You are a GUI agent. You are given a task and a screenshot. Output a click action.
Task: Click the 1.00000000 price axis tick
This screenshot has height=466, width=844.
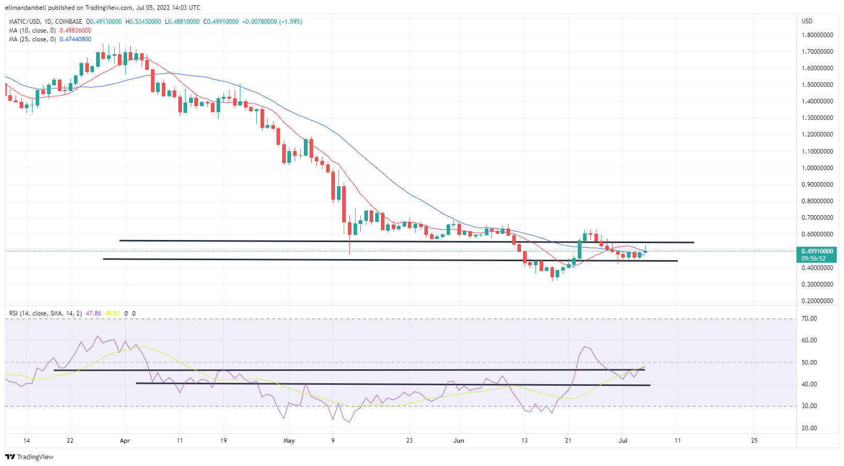[817, 168]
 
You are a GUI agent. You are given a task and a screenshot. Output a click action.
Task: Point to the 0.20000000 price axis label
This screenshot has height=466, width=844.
[817, 301]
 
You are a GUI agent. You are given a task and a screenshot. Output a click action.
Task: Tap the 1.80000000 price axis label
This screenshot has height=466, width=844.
[817, 35]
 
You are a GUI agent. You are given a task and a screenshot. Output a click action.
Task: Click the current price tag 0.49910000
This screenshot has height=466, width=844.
[817, 251]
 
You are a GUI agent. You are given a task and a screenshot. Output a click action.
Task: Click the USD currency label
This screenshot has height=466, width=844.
[807, 21]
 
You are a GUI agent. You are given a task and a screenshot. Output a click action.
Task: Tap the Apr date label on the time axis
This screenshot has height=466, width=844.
[125, 441]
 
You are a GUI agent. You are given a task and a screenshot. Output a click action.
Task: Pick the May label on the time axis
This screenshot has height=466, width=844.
[289, 441]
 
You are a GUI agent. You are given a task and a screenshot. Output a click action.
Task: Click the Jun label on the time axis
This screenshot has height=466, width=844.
[458, 441]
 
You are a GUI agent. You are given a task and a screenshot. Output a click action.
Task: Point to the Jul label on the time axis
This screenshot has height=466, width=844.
[623, 441]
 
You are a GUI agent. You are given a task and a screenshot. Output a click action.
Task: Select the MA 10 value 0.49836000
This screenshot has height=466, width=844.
[75, 31]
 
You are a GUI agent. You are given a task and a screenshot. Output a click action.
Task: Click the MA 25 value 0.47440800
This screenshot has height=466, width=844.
[75, 39]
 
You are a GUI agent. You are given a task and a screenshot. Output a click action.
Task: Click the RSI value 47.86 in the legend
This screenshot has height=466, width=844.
[93, 313]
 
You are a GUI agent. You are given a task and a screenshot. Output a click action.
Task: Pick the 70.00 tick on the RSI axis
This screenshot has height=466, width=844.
[809, 319]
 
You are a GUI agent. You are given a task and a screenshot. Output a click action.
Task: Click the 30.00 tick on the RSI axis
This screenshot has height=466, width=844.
[809, 406]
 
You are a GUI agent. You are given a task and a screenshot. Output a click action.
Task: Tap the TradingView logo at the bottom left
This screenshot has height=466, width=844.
[29, 457]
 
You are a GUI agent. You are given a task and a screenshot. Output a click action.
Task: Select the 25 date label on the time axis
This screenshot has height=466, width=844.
[754, 441]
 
